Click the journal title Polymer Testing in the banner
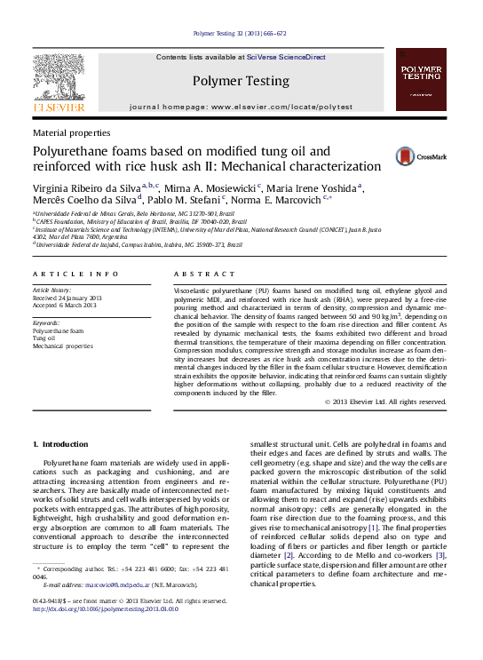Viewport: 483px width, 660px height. [241, 81]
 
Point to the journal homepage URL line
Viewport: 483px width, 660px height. [241, 106]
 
